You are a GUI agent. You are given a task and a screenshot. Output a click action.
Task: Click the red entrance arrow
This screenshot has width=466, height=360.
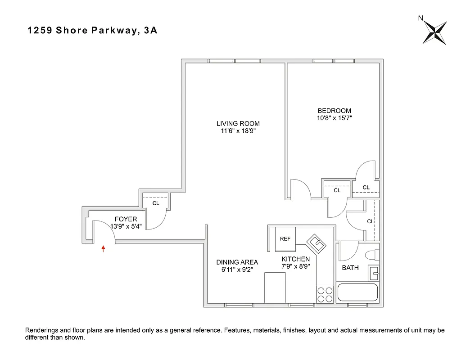pos(104,248)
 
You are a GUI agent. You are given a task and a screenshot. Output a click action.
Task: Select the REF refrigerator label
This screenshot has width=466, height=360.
pos(285,239)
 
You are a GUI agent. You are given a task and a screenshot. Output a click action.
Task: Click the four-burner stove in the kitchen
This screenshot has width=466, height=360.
pos(325,294)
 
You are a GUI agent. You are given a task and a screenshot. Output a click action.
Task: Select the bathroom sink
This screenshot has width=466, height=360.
pos(374,273)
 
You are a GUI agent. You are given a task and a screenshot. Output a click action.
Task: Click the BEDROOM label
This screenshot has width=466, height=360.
pos(334,111)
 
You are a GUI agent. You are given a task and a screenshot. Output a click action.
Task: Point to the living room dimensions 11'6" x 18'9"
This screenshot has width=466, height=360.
pos(238,131)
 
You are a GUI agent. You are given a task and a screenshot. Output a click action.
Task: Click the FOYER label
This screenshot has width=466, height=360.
pos(126,219)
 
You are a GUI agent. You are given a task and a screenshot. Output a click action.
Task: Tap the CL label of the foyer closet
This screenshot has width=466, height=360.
pos(156,203)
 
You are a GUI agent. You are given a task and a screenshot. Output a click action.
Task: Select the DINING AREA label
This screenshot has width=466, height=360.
pos(237,262)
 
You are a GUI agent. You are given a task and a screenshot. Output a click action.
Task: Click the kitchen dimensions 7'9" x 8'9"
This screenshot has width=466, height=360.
pos(295,266)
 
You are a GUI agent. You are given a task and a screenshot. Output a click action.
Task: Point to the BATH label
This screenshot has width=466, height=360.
pos(350,268)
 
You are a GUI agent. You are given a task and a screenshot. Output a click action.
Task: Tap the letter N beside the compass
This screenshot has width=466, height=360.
pos(421,18)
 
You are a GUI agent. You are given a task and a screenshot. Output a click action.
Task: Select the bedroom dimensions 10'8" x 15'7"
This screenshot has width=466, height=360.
pos(334,118)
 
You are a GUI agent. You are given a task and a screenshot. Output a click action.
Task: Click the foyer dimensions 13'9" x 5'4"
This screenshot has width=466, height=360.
pos(126,226)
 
